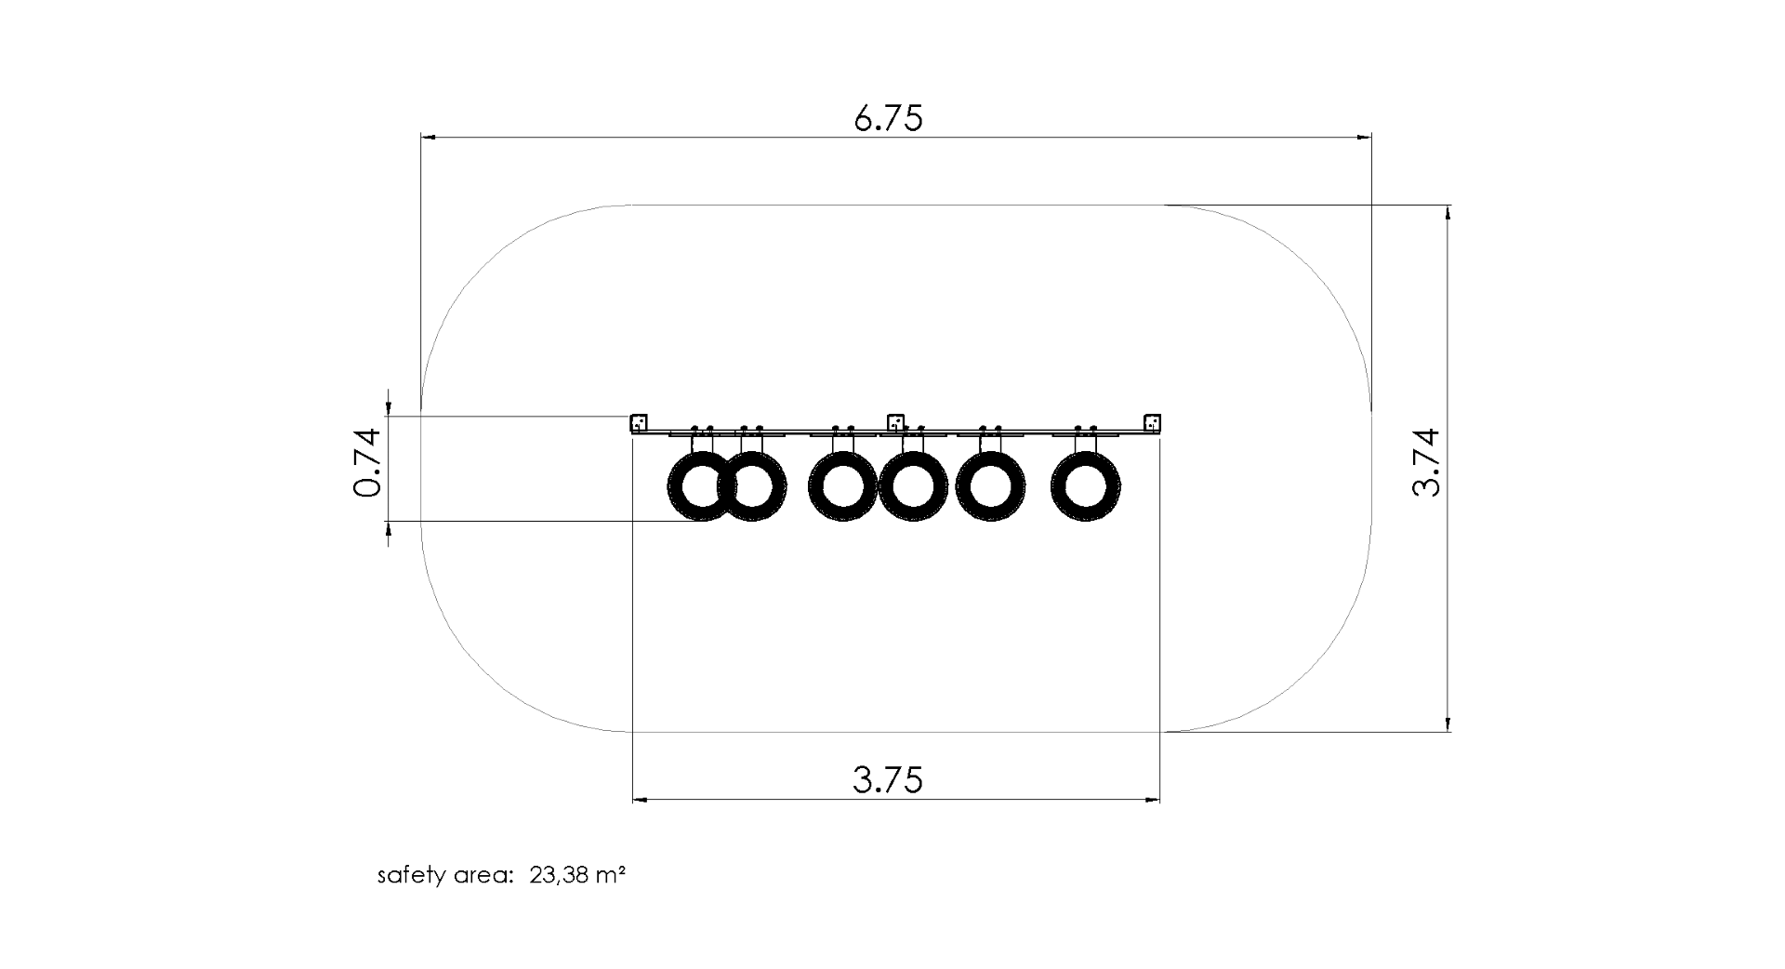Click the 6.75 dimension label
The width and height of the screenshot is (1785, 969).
(888, 119)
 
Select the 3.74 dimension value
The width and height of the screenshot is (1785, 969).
(1425, 462)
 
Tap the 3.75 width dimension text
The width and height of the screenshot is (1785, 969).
(888, 779)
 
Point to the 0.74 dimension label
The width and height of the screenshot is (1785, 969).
(368, 462)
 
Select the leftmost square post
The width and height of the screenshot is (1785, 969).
(639, 423)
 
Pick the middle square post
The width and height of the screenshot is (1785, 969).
(895, 423)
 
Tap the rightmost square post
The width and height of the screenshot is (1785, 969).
(1152, 423)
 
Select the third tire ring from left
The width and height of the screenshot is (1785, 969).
(842, 485)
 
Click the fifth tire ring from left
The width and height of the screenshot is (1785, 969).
(990, 485)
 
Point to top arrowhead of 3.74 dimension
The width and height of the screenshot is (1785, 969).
(1448, 211)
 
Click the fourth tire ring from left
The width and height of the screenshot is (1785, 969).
(913, 485)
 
